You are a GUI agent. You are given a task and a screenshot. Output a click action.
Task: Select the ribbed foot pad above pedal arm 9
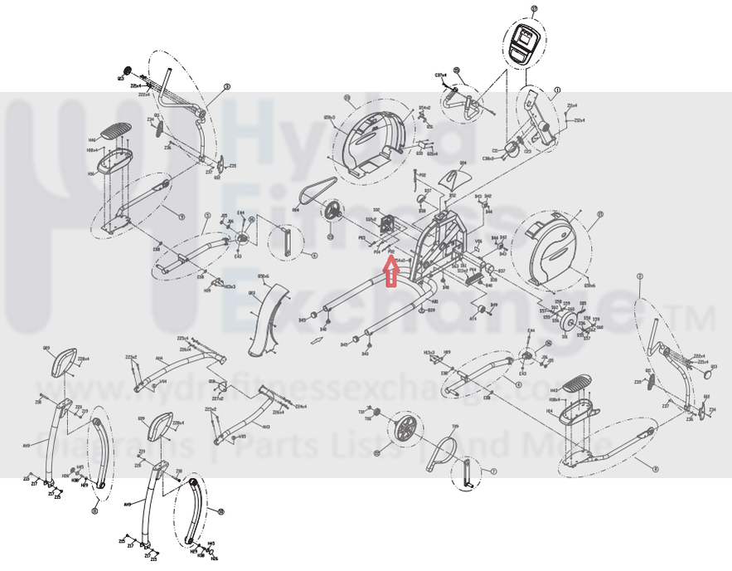coord(115,131)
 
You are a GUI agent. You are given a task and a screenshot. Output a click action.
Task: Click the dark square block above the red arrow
coord(386,225)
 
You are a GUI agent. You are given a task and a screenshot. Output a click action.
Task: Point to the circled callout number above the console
coord(534,9)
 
